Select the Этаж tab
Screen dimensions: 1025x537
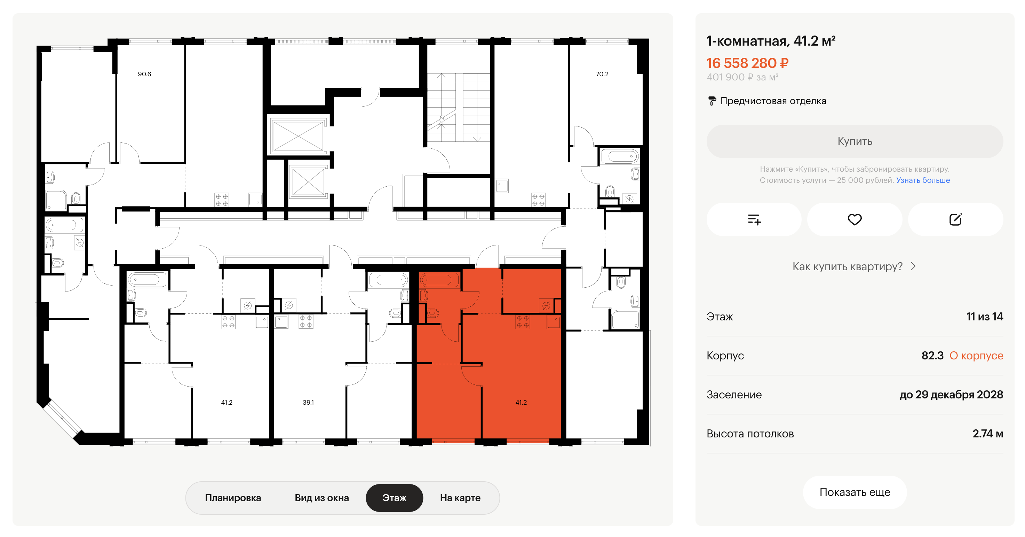(394, 498)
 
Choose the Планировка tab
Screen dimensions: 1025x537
(233, 498)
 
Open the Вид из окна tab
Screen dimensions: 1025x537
(321, 498)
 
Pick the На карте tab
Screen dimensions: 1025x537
(460, 498)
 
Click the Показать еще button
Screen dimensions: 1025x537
(855, 492)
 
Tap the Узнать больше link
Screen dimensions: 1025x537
(923, 180)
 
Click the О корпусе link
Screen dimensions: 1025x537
(976, 355)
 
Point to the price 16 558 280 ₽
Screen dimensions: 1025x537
(747, 63)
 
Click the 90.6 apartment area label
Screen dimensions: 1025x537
(144, 74)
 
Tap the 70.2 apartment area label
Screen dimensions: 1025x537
(602, 74)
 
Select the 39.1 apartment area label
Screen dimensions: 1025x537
(308, 402)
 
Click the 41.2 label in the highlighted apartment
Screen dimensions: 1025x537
(521, 402)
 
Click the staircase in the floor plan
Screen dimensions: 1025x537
(458, 107)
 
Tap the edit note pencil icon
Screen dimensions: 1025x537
(955, 219)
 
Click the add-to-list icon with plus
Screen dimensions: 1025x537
(754, 219)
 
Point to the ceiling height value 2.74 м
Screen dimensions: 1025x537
(987, 434)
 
